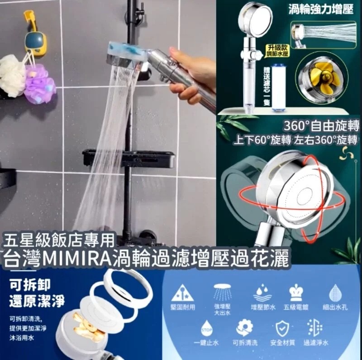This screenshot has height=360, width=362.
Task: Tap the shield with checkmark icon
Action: point(281,327)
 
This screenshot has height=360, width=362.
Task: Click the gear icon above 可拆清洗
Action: point(245,327)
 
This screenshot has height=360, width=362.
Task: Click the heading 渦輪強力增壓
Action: point(321,10)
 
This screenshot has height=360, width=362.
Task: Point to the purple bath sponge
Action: point(40,84)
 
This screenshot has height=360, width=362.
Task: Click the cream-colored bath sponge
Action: point(12,75)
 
